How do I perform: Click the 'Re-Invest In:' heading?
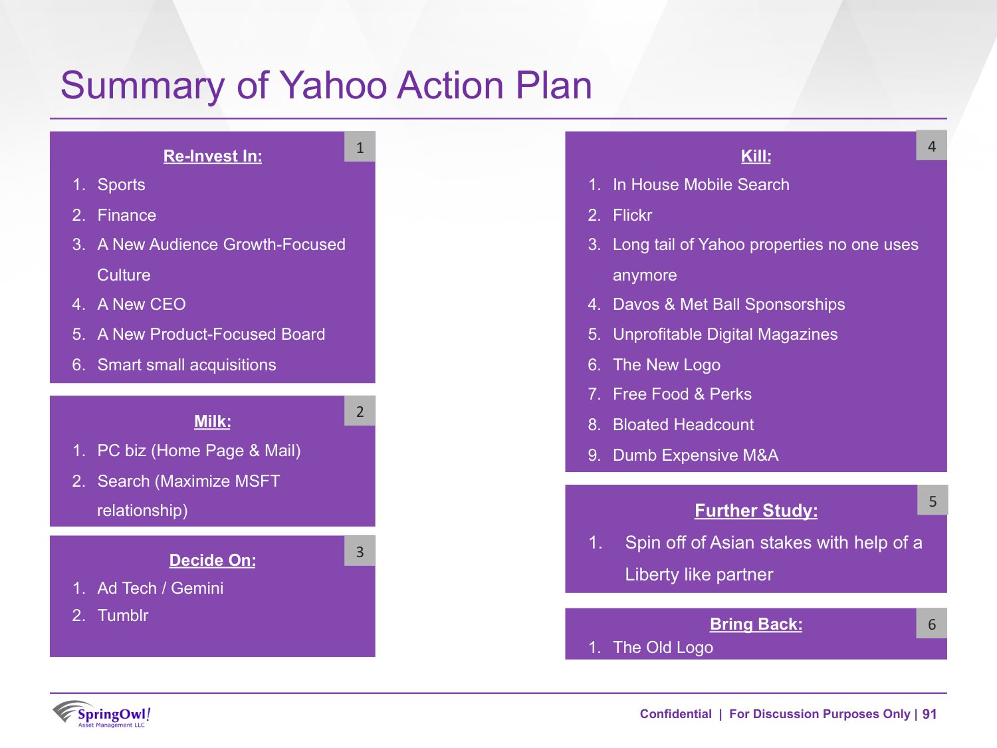pyautogui.click(x=213, y=156)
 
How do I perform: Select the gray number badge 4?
pyautogui.click(x=932, y=146)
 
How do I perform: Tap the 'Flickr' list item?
pyautogui.click(x=632, y=215)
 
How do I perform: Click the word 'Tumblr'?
pyautogui.click(x=123, y=616)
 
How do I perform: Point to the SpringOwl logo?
pyautogui.click(x=101, y=714)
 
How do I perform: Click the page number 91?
pyautogui.click(x=929, y=714)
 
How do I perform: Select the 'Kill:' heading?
pyautogui.click(x=756, y=156)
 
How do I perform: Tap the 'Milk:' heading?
pyautogui.click(x=213, y=422)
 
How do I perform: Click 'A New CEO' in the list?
pyautogui.click(x=142, y=305)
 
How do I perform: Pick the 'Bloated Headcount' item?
pyautogui.click(x=683, y=425)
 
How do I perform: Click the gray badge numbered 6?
pyautogui.click(x=932, y=624)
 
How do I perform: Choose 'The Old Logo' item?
pyautogui.click(x=663, y=648)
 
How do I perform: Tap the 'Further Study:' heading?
pyautogui.click(x=756, y=511)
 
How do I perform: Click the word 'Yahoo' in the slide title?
pyautogui.click(x=332, y=86)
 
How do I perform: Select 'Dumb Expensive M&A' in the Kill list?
pyautogui.click(x=695, y=455)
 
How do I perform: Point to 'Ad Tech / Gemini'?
pyautogui.click(x=160, y=588)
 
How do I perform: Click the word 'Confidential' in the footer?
pyautogui.click(x=675, y=714)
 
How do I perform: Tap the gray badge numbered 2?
pyautogui.click(x=360, y=411)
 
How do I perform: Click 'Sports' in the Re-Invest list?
pyautogui.click(x=121, y=185)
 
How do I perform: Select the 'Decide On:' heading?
pyautogui.click(x=213, y=561)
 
